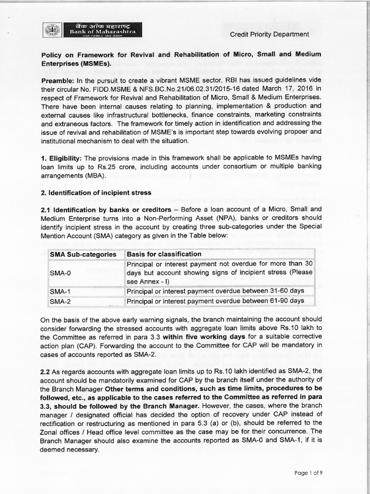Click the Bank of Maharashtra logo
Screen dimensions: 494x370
tap(90, 30)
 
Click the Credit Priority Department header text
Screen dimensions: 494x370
tap(269, 34)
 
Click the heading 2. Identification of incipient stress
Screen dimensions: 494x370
tap(96, 192)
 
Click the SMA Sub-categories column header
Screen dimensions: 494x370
tap(83, 254)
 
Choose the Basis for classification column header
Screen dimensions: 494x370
tap(164, 254)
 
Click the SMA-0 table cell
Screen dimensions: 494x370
tap(60, 273)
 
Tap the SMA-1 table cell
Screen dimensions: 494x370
tap(60, 291)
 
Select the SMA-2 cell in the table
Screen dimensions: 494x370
tap(60, 301)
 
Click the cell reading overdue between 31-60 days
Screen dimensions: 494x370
tap(215, 291)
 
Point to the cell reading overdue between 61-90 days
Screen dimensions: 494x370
tap(215, 301)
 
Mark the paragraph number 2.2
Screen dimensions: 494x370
tap(48, 371)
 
